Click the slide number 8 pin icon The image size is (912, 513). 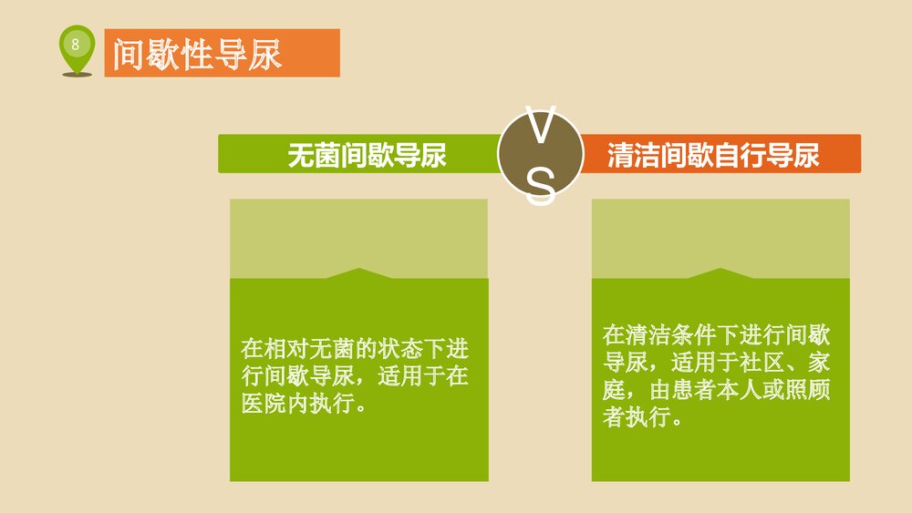coord(76,46)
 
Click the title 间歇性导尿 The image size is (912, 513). coord(197,54)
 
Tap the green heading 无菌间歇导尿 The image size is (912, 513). coord(367,154)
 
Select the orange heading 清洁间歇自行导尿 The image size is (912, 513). coord(713,154)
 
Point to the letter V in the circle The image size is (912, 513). coord(540,128)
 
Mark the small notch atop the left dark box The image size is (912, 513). coord(359,272)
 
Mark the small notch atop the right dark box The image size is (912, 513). coord(721,272)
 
